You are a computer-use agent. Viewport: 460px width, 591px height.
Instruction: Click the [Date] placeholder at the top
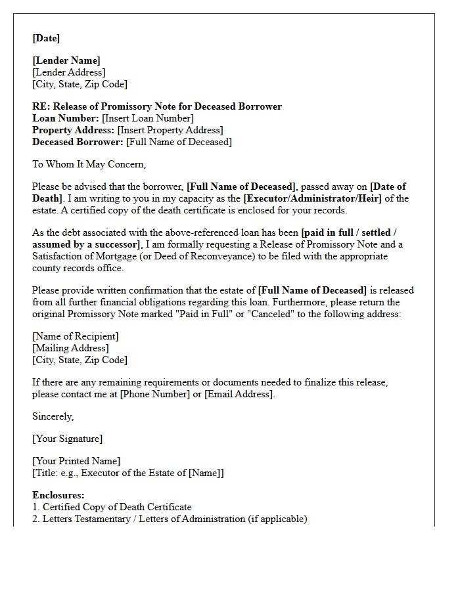[x=46, y=38]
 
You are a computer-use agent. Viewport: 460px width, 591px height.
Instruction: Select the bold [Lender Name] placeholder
[x=66, y=61]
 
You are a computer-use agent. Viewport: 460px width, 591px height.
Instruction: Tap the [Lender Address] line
[x=69, y=72]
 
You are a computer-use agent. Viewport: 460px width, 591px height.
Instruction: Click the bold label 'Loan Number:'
[x=66, y=118]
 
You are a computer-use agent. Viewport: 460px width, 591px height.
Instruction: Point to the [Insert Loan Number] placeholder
[x=148, y=118]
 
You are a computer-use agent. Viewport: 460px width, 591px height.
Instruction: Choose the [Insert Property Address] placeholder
[x=170, y=130]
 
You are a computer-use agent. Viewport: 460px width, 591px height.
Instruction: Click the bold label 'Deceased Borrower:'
[x=78, y=142]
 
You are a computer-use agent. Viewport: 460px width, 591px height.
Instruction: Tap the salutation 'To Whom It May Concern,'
[x=89, y=164]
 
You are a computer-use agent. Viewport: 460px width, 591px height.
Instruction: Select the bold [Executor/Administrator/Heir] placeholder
[x=312, y=198]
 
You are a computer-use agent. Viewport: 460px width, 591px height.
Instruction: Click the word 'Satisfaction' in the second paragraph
[x=59, y=256]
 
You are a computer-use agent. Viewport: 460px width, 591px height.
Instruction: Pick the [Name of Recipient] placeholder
[x=76, y=336]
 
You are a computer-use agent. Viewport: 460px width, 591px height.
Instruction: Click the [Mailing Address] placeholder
[x=71, y=348]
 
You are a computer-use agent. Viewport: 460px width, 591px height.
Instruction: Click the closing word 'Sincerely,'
[x=53, y=416]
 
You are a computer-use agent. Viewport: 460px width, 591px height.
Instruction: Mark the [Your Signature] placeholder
[x=68, y=439]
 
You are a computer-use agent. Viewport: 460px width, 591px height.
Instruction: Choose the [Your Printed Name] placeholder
[x=76, y=461]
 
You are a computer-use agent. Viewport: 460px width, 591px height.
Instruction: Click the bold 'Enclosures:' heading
[x=58, y=495]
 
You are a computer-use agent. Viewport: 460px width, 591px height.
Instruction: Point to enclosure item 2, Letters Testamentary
[x=170, y=519]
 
